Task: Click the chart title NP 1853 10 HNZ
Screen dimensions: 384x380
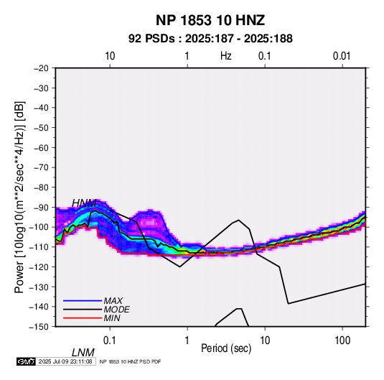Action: [210, 20]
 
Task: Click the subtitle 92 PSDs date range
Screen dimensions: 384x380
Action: [210, 39]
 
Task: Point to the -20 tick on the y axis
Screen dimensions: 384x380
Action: [41, 68]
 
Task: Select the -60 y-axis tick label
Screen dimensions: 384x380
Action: [41, 147]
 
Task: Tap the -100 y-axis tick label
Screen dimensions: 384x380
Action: [39, 227]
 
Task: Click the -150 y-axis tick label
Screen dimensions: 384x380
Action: [39, 327]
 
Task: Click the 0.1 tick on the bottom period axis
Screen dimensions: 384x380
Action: [110, 340]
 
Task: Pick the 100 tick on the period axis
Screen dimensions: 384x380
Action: [342, 340]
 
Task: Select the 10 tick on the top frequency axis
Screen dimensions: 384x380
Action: [110, 56]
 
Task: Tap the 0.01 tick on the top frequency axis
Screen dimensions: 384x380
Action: [342, 56]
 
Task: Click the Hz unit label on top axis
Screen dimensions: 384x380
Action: [226, 56]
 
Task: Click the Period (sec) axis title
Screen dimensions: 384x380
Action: [226, 348]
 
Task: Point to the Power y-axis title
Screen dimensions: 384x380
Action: [19, 197]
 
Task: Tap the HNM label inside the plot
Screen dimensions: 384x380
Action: [84, 203]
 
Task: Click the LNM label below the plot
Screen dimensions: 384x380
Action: [83, 353]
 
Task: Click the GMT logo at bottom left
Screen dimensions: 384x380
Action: [27, 361]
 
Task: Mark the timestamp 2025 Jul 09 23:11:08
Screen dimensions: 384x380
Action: [65, 361]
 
